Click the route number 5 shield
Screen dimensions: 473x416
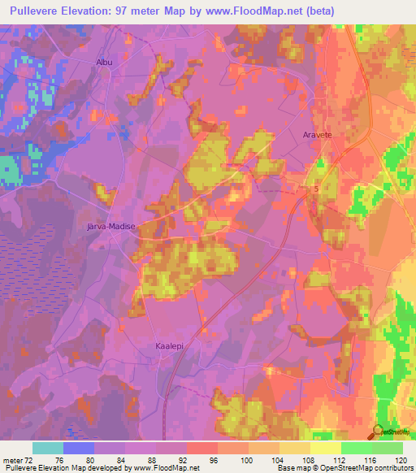click(316, 189)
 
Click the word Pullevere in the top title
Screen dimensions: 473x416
click(38, 10)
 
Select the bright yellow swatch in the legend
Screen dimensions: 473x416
click(325, 448)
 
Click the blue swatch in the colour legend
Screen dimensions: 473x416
click(78, 448)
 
